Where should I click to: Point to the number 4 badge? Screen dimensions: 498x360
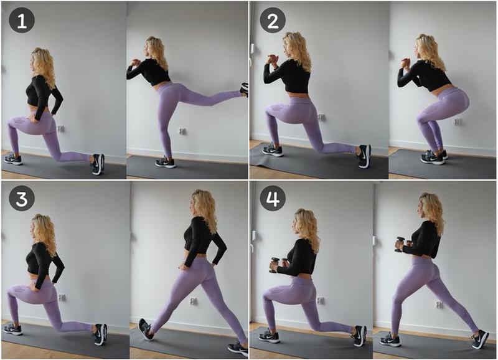click(x=273, y=198)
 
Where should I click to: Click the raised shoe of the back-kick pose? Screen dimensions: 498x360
click(x=245, y=89)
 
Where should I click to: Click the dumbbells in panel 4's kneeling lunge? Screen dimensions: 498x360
click(x=276, y=264)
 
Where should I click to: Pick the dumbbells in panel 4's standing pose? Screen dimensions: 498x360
click(x=400, y=244)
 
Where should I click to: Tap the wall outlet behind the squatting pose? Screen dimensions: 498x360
click(x=458, y=121)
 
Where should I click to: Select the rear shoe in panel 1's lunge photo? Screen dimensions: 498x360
click(x=98, y=164)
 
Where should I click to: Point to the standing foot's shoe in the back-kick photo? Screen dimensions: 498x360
click(x=165, y=162)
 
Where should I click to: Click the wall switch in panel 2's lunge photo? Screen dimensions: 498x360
click(x=253, y=49)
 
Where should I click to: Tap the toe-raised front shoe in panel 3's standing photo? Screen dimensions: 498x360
click(x=146, y=329)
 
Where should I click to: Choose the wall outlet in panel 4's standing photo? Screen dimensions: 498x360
click(x=439, y=305)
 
